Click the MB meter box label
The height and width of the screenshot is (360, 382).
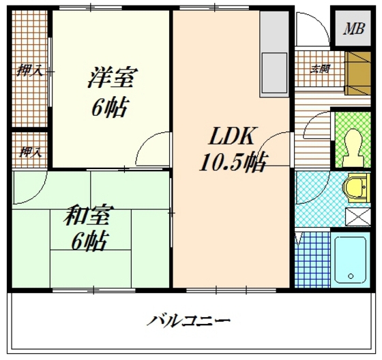tap(353, 29)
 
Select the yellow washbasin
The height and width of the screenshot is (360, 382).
tap(356, 189)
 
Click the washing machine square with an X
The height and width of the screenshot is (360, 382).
tap(356, 217)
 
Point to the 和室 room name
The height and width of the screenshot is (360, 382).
tap(88, 218)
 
